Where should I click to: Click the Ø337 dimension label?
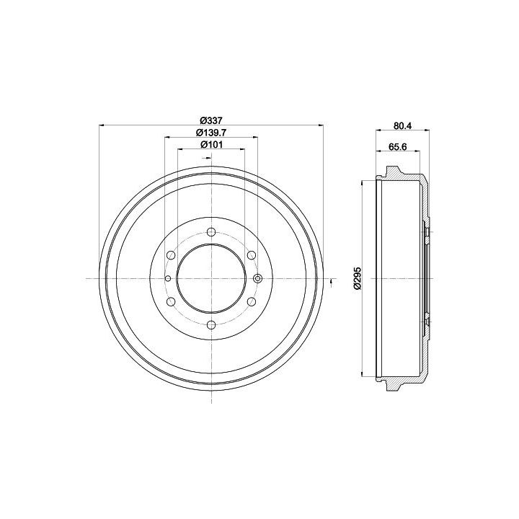[210, 120]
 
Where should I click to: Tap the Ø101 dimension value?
[211, 144]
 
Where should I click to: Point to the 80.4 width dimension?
[402, 125]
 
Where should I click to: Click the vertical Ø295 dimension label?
[357, 278]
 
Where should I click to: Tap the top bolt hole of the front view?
[210, 231]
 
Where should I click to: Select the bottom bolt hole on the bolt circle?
[210, 325]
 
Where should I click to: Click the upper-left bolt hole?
[171, 255]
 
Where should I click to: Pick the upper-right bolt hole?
[252, 255]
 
